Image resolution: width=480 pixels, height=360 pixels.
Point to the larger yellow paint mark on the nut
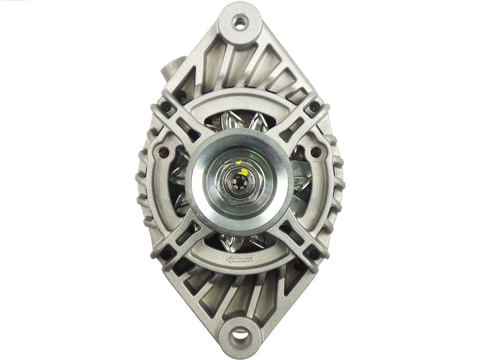(244, 172)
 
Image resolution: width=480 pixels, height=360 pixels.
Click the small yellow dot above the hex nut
(239, 163)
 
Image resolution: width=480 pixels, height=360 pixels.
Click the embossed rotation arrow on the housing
(240, 259)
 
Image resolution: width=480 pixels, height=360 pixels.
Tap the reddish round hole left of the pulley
(162, 152)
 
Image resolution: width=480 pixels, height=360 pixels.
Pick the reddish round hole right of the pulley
(316, 152)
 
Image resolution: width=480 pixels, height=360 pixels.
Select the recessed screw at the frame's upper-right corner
(314, 108)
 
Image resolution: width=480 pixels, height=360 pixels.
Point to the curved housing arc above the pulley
(240, 100)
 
